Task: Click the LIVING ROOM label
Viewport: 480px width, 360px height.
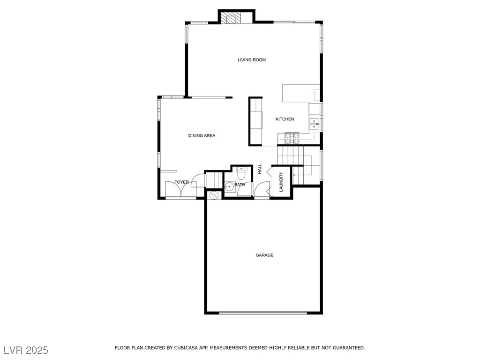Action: [252, 60]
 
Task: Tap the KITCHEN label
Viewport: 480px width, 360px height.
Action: [285, 119]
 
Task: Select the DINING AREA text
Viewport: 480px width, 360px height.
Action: [202, 136]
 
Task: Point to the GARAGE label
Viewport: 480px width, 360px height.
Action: [264, 255]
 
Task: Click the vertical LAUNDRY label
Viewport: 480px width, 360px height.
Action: [281, 182]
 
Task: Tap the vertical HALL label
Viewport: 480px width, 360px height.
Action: [260, 169]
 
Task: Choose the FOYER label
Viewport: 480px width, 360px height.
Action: [181, 182]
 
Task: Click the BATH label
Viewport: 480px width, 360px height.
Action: [240, 185]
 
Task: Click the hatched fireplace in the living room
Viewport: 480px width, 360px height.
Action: [231, 18]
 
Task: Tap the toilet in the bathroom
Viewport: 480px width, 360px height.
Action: [241, 174]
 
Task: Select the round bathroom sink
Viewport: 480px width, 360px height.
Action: [229, 187]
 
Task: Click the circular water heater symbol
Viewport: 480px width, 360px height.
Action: [214, 195]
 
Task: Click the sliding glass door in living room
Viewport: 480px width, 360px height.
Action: [294, 22]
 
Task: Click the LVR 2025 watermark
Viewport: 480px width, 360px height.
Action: [26, 350]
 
